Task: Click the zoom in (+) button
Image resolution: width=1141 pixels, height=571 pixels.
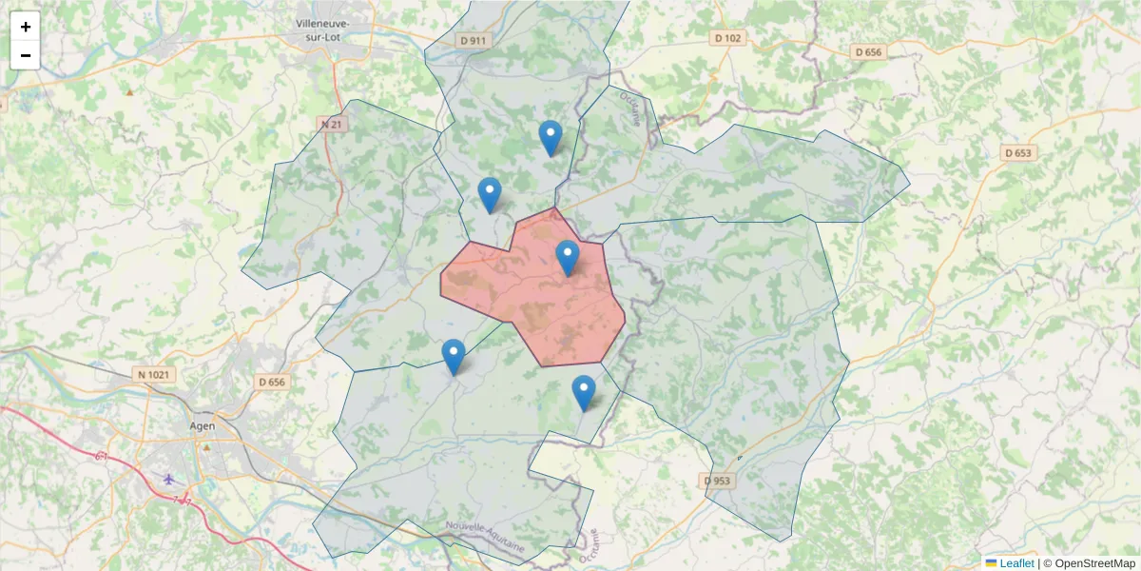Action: (x=26, y=27)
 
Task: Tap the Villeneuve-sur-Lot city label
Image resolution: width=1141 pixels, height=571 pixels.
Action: (x=322, y=30)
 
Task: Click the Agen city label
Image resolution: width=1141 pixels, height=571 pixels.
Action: (x=203, y=427)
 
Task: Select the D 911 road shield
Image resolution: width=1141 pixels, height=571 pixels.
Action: (x=473, y=40)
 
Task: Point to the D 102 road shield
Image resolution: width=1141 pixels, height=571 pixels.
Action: (x=726, y=38)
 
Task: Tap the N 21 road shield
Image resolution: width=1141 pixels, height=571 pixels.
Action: (x=332, y=125)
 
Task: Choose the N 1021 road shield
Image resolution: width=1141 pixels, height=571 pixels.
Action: (x=153, y=375)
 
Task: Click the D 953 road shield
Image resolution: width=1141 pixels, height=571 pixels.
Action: (x=718, y=481)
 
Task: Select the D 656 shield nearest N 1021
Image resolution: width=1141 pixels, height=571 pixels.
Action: (x=272, y=382)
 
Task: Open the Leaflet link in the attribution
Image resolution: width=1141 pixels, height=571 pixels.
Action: (x=1016, y=563)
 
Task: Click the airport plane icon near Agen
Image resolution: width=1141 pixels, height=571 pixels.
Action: (x=169, y=479)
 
